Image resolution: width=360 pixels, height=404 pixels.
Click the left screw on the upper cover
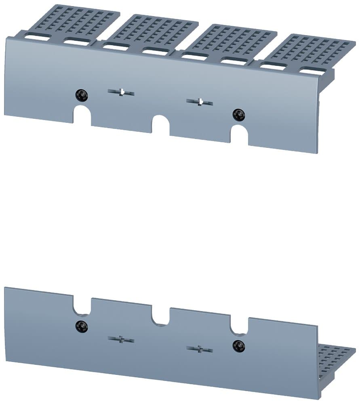point(82,95)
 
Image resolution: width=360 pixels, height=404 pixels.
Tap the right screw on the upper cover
point(239,115)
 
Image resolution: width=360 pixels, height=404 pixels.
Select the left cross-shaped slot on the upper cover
point(121,93)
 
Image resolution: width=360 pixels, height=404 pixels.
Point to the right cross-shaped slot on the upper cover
point(200,102)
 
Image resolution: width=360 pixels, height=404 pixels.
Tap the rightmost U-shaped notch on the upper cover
point(239,135)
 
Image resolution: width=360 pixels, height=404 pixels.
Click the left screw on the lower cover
point(82,325)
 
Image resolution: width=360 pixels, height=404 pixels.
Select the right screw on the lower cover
point(239,345)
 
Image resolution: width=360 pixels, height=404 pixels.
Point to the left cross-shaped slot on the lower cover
point(121,339)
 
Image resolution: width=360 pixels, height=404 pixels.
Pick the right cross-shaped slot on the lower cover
point(200,349)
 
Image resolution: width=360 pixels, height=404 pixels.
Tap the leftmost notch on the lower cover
point(82,306)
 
